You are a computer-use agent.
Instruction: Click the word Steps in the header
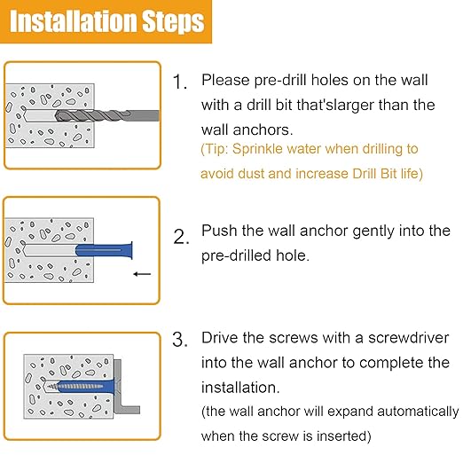point(174,22)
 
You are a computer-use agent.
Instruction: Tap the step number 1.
point(179,82)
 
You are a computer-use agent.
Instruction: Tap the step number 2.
point(181,237)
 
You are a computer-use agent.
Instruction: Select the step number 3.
point(180,340)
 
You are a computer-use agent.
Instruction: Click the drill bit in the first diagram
point(107,115)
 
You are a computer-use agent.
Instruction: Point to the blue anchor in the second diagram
point(104,250)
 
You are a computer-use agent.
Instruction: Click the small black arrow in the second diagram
point(142,274)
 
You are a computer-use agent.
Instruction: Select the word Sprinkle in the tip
point(257,149)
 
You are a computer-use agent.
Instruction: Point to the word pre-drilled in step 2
point(236,256)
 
